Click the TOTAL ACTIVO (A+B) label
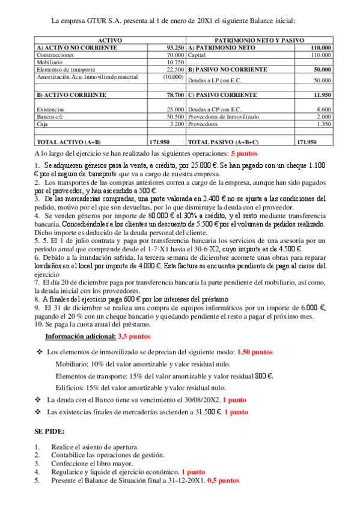click(69, 142)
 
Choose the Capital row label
click(197, 54)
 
